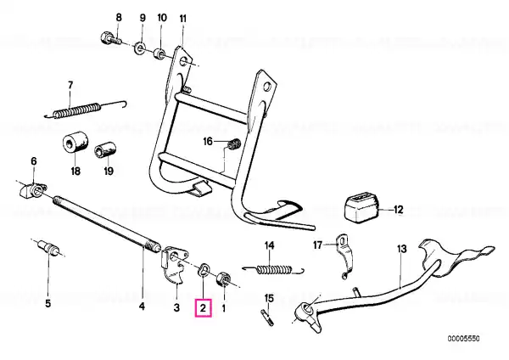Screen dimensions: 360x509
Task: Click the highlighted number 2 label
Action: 204,309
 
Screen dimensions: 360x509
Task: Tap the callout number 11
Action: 184,18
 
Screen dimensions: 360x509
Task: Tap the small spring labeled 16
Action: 228,149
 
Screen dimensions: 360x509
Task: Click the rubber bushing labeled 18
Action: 75,143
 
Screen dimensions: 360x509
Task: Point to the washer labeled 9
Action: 137,46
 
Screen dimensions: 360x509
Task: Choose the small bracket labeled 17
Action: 343,254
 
